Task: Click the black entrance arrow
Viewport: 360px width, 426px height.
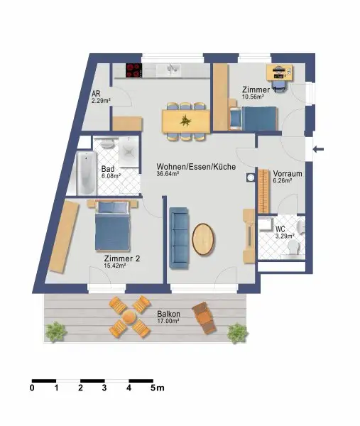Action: (x=319, y=149)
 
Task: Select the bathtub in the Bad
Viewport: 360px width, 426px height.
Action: (x=85, y=173)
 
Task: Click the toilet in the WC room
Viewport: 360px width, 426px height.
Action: (x=293, y=248)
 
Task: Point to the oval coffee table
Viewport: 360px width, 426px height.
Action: (x=204, y=239)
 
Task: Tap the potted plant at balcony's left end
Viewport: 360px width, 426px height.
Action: (x=55, y=330)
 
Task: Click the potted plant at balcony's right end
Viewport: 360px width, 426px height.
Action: (x=236, y=331)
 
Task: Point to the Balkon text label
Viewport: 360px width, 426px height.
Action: (x=168, y=314)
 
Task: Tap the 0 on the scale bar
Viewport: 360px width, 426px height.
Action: (x=33, y=388)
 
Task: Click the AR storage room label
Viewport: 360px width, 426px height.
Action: (x=96, y=93)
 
